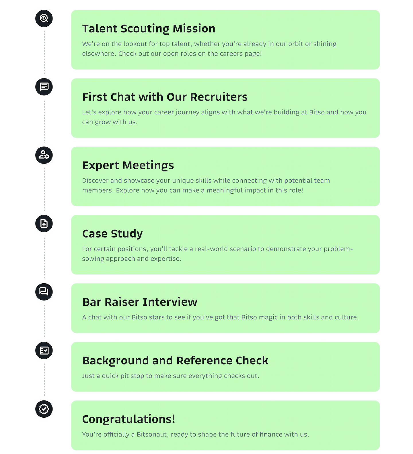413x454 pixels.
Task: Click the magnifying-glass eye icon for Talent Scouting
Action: tap(44, 18)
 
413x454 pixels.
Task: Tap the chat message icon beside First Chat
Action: tap(44, 87)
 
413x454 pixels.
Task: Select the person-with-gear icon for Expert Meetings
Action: tap(44, 155)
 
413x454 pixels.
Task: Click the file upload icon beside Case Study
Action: tap(44, 223)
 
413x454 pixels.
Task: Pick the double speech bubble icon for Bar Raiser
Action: tap(44, 292)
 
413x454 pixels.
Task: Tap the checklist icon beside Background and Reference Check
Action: tap(44, 350)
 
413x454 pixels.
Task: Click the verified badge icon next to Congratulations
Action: tap(44, 409)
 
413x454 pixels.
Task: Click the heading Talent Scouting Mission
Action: tap(149, 29)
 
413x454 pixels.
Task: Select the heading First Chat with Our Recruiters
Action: tap(165, 97)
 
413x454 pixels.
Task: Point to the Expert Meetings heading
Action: tap(128, 165)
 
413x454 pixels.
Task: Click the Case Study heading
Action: tap(112, 234)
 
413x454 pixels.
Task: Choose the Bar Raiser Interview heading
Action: tap(140, 302)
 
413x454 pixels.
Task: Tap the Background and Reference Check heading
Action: tap(175, 361)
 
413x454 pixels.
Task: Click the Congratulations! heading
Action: tap(128, 419)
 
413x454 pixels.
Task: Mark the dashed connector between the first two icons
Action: tap(44, 52)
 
